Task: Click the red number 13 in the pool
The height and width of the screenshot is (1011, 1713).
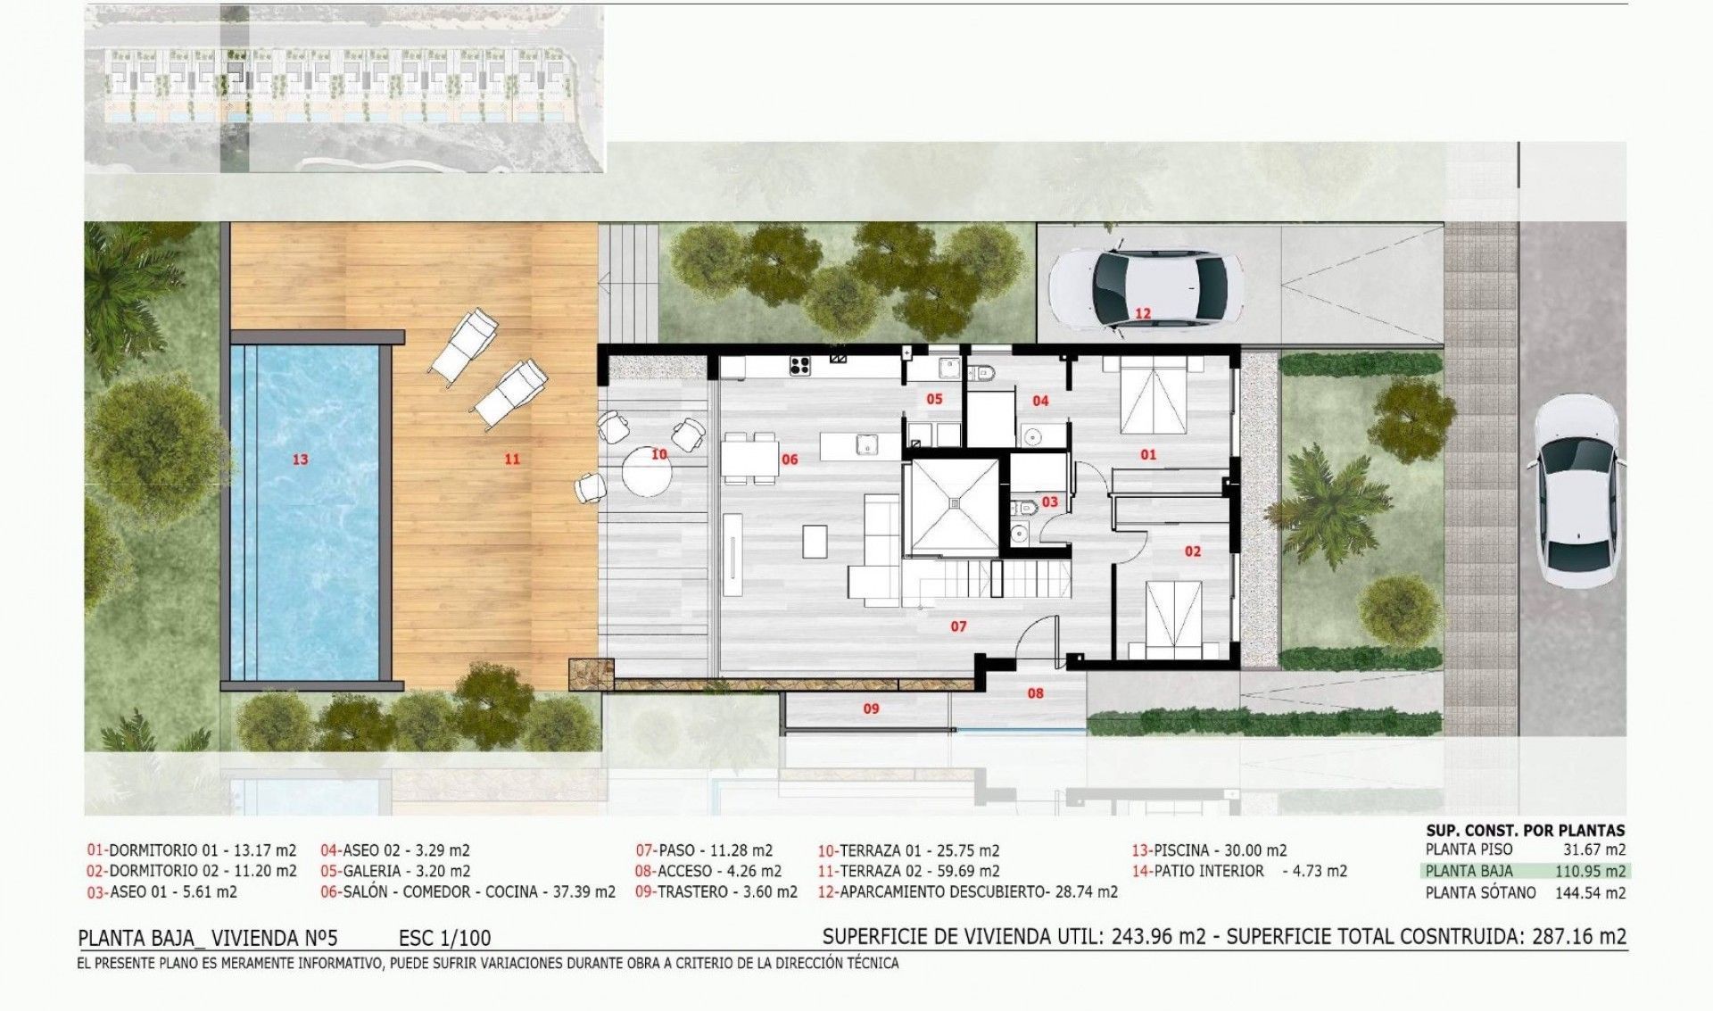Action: click(300, 460)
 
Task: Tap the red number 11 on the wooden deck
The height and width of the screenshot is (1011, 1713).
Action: click(511, 459)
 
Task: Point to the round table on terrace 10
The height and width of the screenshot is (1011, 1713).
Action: click(647, 471)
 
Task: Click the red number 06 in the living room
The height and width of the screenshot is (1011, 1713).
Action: click(790, 460)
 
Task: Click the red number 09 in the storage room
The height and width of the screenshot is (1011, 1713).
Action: click(871, 709)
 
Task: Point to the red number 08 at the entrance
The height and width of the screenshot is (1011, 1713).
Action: click(1035, 692)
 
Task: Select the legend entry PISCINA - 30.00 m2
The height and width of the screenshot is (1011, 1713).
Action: click(1209, 850)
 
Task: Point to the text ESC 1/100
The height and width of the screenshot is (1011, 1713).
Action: click(444, 938)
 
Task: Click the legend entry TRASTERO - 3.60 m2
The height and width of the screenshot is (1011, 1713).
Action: click(716, 891)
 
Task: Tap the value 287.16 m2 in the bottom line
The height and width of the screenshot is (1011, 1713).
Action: click(1579, 936)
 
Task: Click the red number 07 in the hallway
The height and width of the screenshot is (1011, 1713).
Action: click(958, 626)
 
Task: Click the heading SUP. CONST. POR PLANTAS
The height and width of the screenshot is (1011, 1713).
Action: click(1526, 830)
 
